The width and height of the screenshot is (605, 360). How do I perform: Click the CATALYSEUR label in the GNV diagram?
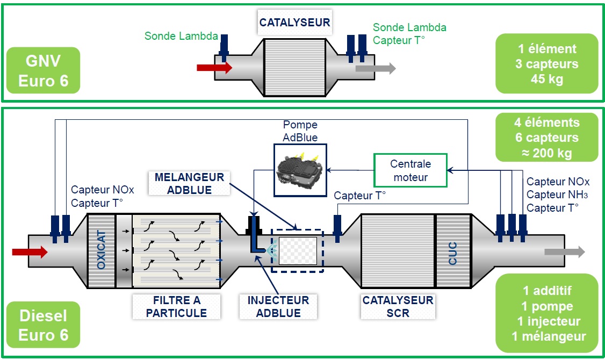coord(294,23)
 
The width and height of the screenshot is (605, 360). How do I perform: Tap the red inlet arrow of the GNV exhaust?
coord(214,67)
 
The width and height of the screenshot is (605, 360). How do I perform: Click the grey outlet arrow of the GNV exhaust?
coord(375,68)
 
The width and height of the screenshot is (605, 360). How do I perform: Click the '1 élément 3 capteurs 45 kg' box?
coord(546,64)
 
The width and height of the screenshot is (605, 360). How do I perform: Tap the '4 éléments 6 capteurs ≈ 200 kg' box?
coord(546,138)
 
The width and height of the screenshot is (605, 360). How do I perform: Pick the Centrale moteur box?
coord(410,171)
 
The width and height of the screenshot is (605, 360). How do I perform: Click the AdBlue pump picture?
coord(300,169)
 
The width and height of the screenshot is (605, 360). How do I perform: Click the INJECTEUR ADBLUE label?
coord(278,306)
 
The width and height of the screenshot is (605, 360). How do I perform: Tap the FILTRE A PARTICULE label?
coord(176,306)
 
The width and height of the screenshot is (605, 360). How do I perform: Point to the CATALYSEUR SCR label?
coord(398,306)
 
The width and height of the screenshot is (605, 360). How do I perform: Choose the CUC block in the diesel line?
coord(452,251)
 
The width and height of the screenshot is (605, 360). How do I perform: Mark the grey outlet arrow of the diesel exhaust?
coord(564,252)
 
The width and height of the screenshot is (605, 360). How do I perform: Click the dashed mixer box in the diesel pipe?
coord(298,250)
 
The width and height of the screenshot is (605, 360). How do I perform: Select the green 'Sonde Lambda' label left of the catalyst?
coord(181,36)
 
